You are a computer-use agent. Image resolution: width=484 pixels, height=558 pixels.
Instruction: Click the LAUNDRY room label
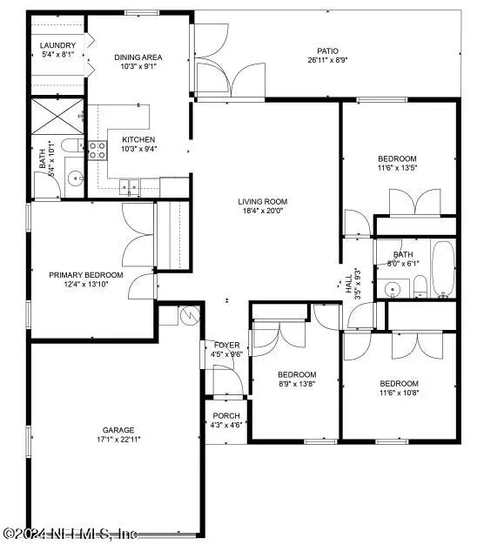pos(57,45)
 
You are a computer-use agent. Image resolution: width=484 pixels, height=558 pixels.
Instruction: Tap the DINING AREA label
pos(138,57)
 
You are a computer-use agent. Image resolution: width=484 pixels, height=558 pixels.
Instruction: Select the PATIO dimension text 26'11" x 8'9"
pos(327,60)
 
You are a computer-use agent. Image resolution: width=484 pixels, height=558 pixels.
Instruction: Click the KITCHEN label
pos(138,139)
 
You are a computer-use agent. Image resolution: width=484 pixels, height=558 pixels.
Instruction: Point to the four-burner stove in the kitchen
pos(97,151)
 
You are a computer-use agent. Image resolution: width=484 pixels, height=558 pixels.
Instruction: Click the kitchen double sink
pos(129,186)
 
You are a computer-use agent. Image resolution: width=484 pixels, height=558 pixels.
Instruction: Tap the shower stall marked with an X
pos(57,117)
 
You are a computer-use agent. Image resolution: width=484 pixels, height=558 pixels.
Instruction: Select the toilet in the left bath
pos(72,145)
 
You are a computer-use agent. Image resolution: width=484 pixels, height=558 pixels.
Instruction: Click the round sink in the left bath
pos(76,177)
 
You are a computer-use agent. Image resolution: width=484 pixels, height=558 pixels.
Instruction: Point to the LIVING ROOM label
pos(263,202)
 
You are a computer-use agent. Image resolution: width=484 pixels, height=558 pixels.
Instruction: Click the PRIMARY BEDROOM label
pos(86,275)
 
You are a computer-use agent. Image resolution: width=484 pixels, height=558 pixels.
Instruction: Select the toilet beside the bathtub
pos(420,286)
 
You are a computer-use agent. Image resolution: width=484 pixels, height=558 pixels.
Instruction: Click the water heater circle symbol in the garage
pos(190,315)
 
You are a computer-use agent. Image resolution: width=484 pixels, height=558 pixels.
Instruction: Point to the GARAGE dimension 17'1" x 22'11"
pos(118,440)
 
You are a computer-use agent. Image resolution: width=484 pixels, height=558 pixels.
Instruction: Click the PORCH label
pos(226,415)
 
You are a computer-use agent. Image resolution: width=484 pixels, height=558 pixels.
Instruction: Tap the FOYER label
pos(226,346)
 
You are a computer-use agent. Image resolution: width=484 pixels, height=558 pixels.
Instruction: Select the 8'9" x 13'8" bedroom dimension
pos(297,384)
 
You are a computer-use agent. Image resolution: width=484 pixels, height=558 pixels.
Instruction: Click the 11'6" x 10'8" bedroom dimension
pos(399,393)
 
